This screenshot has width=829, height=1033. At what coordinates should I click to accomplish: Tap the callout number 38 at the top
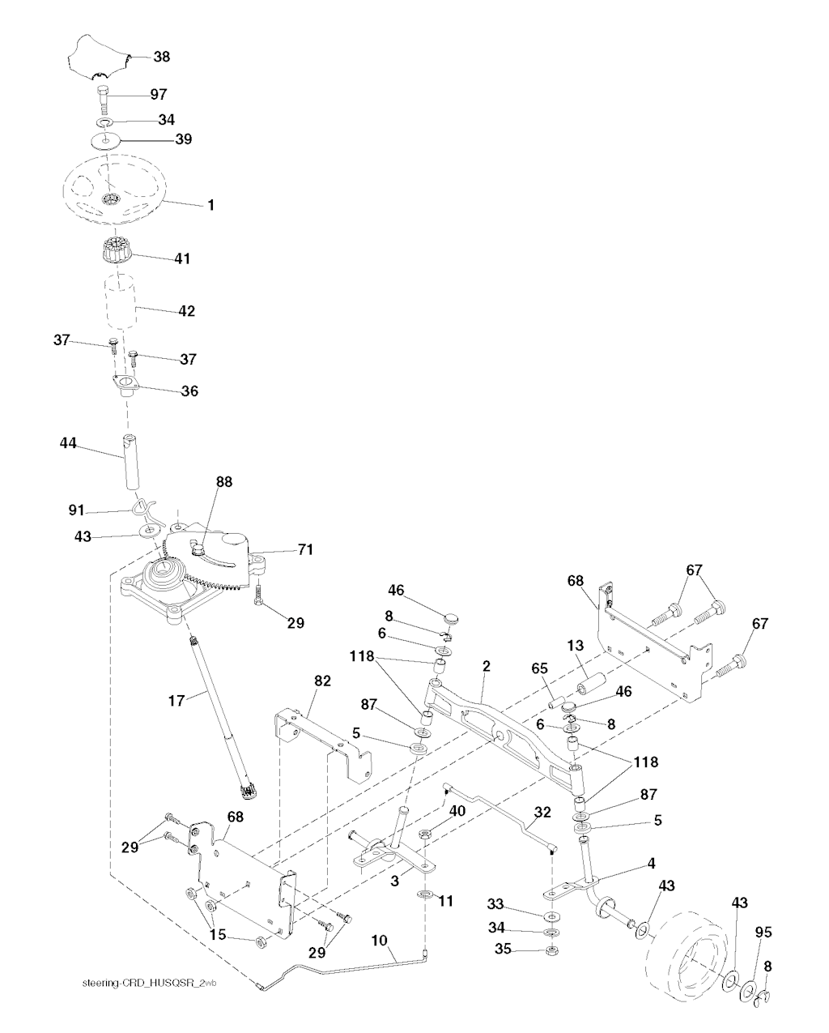coord(162,58)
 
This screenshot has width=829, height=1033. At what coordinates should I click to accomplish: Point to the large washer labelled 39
coord(106,139)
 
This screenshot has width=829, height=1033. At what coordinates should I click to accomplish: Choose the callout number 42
coord(185,310)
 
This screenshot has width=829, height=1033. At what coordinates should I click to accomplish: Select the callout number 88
coord(223,481)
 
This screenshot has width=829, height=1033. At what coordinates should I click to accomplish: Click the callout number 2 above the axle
coord(486,666)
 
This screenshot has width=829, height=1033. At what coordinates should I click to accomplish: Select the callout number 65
coord(540,668)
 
